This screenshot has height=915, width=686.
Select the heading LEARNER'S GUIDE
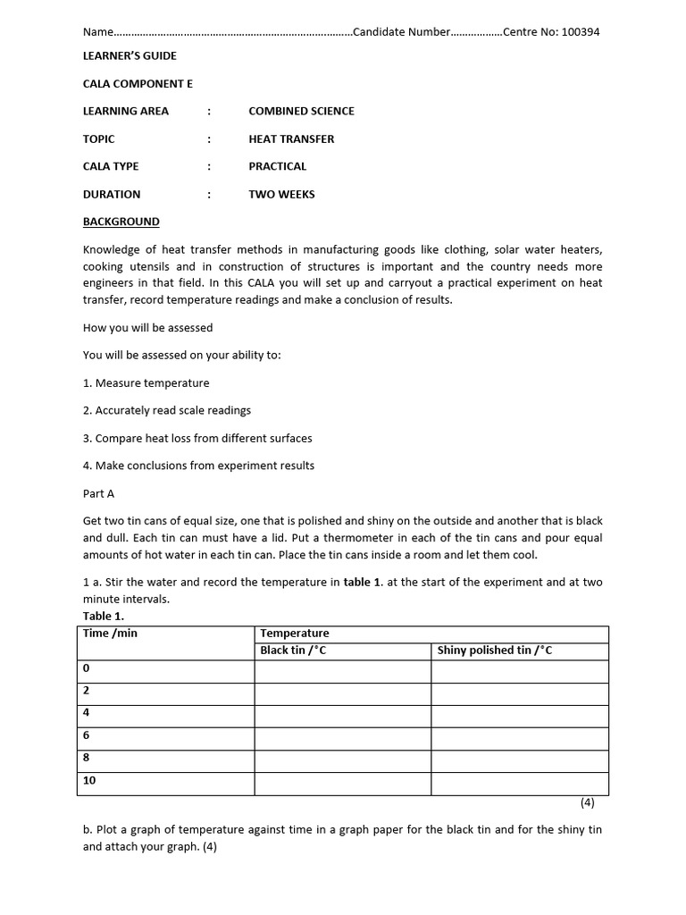[x=130, y=55]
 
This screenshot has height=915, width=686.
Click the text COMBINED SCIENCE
[x=301, y=111]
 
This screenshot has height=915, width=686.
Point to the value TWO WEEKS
[x=281, y=194]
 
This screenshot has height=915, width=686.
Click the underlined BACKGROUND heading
[x=121, y=222]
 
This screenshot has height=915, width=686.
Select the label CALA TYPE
[x=111, y=166]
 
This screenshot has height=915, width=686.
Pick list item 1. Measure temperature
[x=146, y=382]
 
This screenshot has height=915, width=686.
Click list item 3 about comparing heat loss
[x=197, y=438]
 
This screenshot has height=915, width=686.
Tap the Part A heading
[x=98, y=493]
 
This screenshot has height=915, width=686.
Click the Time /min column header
[x=110, y=634]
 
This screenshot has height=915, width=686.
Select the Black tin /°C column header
[x=293, y=651]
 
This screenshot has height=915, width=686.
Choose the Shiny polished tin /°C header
[x=495, y=651]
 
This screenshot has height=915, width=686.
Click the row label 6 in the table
[x=87, y=735]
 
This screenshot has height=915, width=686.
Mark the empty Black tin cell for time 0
[x=343, y=671]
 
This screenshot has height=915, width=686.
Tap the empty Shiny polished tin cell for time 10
[x=520, y=784]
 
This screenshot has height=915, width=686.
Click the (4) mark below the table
[x=587, y=802]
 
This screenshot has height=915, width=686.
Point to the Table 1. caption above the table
[x=104, y=616]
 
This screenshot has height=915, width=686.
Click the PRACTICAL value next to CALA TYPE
[x=277, y=166]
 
